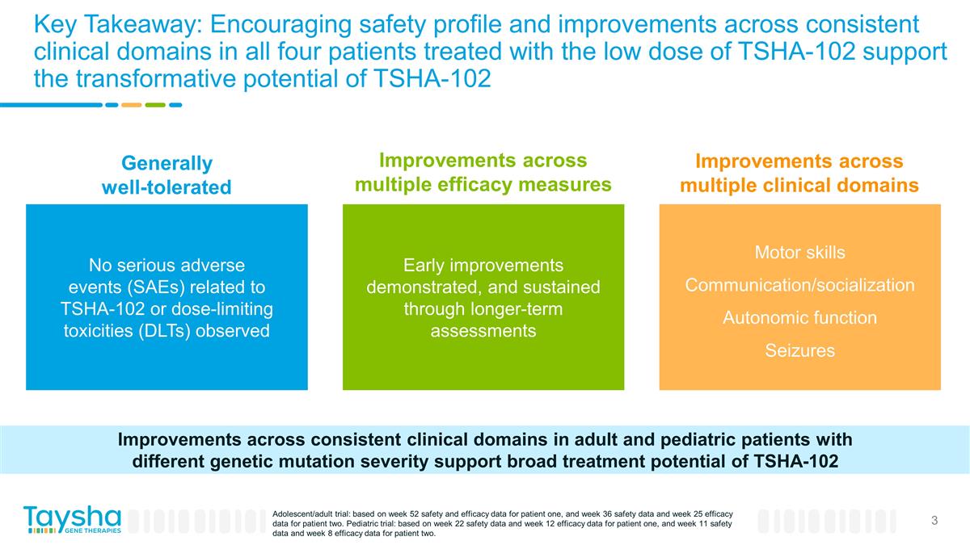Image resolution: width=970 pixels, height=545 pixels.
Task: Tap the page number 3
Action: [x=934, y=521]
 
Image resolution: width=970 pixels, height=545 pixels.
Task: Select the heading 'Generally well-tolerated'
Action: [x=167, y=175]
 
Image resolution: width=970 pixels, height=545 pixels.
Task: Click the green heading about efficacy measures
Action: [x=483, y=172]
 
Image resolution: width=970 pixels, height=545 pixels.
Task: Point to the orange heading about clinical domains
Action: [x=799, y=173]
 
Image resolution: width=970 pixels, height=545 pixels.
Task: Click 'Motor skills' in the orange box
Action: [x=799, y=253]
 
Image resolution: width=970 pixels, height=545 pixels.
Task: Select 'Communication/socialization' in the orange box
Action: [x=799, y=285]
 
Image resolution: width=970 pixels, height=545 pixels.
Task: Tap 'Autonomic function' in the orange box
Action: [x=799, y=318]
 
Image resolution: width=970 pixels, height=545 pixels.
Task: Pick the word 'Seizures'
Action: [x=799, y=350]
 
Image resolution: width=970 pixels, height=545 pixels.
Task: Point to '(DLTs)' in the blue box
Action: [x=171, y=331]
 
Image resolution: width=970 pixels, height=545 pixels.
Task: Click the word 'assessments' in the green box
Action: [x=483, y=331]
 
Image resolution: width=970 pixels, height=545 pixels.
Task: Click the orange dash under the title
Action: [x=131, y=104]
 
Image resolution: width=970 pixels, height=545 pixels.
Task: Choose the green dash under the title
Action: [x=155, y=104]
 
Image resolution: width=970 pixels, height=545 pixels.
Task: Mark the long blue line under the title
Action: [x=50, y=104]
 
